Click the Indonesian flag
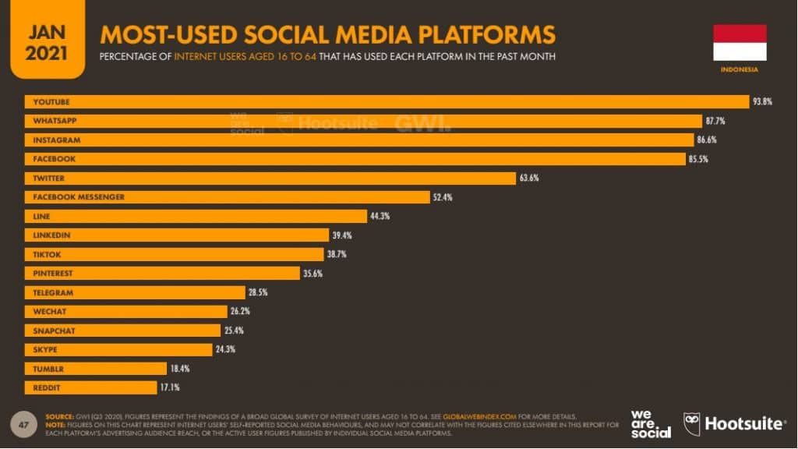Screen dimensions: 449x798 coord(740,43)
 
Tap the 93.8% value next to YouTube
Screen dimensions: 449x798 coord(762,102)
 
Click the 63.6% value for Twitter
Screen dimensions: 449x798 coord(529,179)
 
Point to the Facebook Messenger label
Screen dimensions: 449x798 coord(79,197)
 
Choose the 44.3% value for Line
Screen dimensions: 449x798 coord(380,216)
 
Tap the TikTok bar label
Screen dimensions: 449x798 coord(47,254)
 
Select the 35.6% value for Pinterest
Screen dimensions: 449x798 coord(312,274)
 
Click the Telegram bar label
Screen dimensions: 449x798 coord(53,292)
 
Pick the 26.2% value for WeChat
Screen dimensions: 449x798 coord(240,311)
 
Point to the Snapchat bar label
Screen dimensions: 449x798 coord(54,331)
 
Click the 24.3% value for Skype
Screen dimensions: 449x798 coord(225,349)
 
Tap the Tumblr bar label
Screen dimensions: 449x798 coord(48,368)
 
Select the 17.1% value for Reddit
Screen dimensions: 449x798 coord(180,387)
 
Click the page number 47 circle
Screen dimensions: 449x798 coord(23,424)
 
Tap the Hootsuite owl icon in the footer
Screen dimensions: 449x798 coord(691,423)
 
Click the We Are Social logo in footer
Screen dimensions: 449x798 coord(651,424)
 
